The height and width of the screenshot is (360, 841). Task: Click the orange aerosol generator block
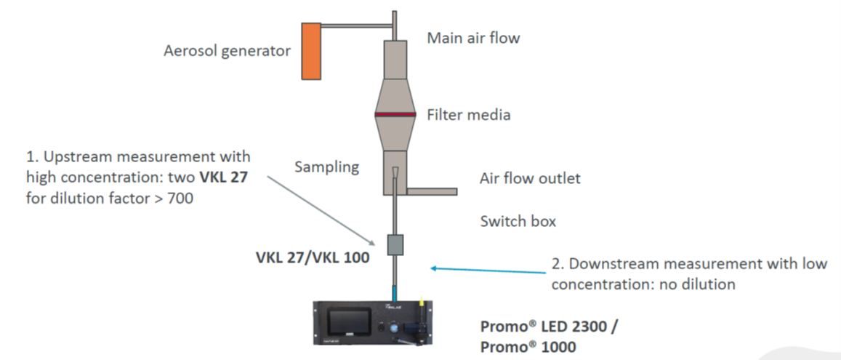(x=312, y=51)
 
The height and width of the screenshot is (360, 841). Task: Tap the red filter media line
(x=395, y=115)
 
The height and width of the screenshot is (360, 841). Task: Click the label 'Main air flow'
(x=473, y=38)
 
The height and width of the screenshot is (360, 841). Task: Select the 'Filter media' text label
(x=468, y=115)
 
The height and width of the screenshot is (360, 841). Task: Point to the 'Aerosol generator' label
(x=228, y=51)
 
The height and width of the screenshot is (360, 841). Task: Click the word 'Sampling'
(x=326, y=167)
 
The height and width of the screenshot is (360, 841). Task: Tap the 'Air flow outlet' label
(x=530, y=178)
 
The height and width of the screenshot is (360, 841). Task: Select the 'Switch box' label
(x=518, y=221)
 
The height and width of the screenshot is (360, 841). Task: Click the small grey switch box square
(x=395, y=244)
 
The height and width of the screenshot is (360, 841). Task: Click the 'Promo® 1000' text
(x=528, y=347)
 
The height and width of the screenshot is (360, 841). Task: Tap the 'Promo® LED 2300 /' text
(x=549, y=327)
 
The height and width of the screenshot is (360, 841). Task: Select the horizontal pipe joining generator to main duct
(x=356, y=26)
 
